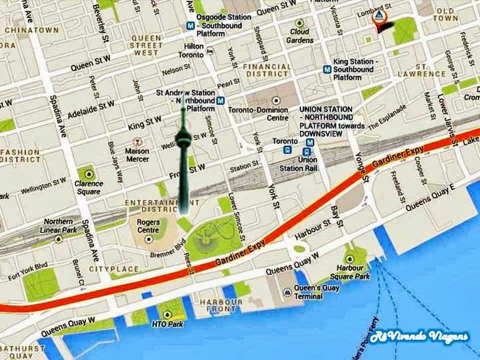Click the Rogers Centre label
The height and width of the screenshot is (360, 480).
click(148, 226)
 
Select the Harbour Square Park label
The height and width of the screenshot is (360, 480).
click(353, 272)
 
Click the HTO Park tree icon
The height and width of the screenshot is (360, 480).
click(167, 315)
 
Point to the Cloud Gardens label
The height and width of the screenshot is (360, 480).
click(300, 36)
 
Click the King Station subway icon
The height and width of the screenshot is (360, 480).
click(327, 69)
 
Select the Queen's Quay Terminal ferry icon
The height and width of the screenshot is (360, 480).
click(287, 292)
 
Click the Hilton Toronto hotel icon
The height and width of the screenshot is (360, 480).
click(210, 50)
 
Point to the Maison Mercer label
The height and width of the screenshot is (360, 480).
click(137, 155)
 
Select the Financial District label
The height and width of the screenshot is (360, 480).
click(266, 70)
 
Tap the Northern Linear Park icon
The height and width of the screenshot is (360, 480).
click(58, 238)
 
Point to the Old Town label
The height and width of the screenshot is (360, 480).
click(446, 14)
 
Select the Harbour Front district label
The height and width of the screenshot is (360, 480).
click(220, 305)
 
